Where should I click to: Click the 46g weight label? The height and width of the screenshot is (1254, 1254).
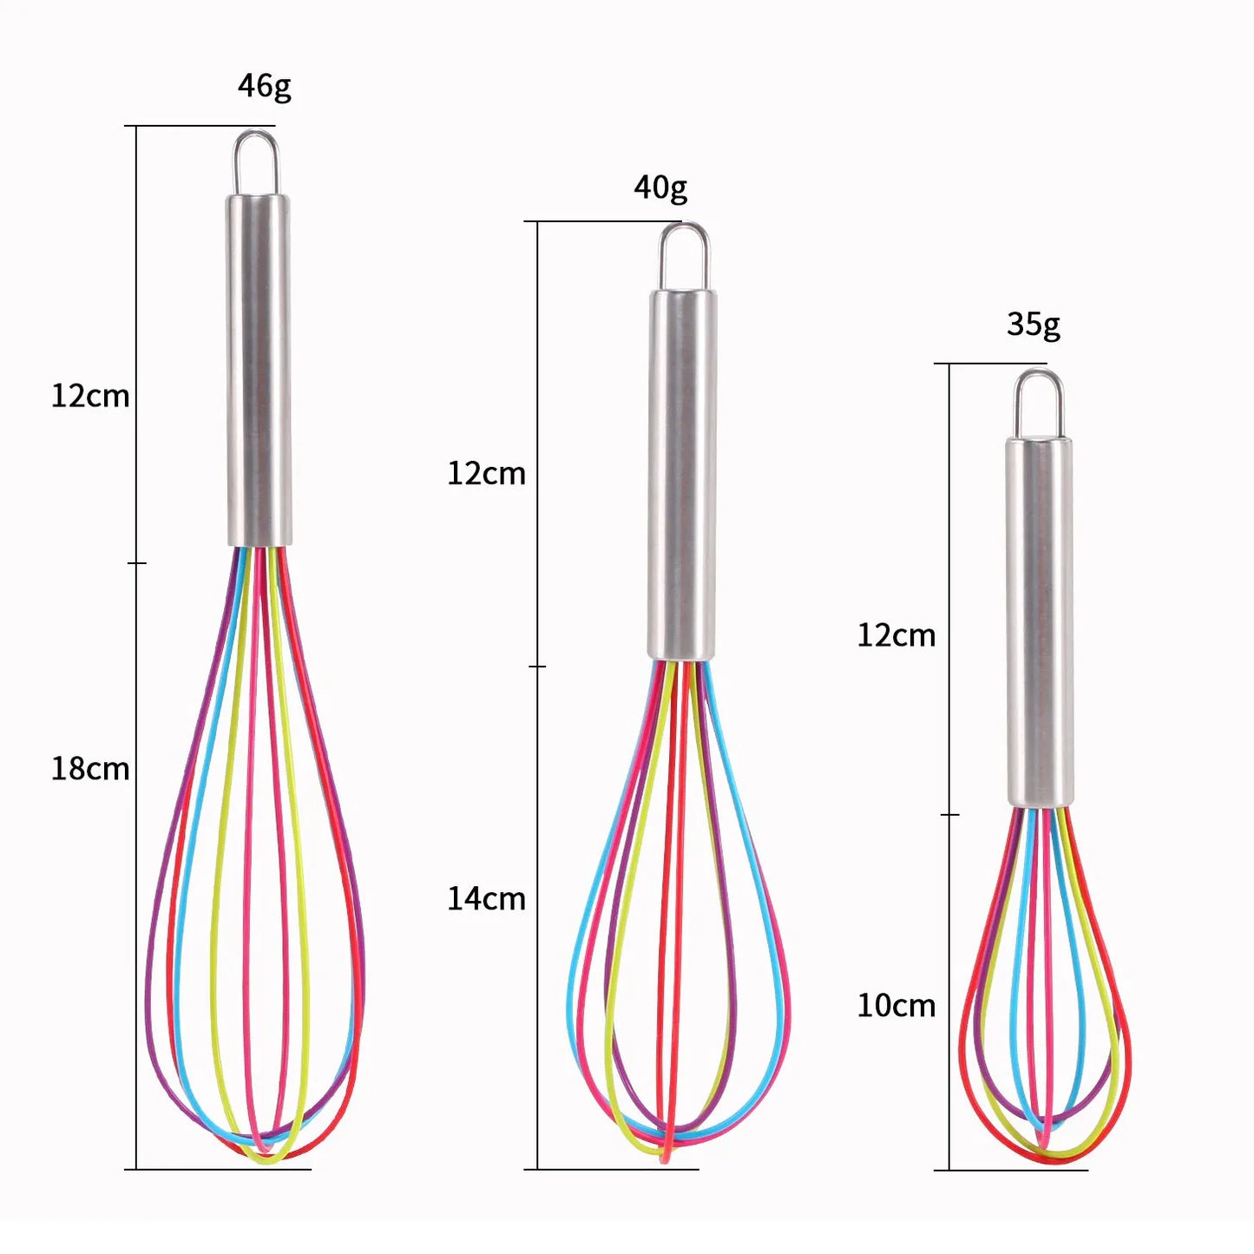pyautogui.click(x=265, y=86)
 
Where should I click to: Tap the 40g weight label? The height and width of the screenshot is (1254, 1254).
pyautogui.click(x=660, y=187)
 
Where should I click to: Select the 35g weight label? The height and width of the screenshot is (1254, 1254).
pyautogui.click(x=1034, y=325)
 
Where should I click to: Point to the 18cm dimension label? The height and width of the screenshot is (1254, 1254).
pyautogui.click(x=90, y=769)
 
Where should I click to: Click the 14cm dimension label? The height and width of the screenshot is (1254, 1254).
pyautogui.click(x=486, y=898)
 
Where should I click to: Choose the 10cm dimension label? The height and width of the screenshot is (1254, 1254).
pyautogui.click(x=896, y=1006)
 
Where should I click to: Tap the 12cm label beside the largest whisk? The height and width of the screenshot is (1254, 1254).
pyautogui.click(x=90, y=397)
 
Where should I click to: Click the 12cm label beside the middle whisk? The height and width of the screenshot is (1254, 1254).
pyautogui.click(x=486, y=474)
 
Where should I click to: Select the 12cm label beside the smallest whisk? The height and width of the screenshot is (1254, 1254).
pyautogui.click(x=896, y=635)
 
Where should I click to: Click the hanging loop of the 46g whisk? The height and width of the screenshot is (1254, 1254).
pyautogui.click(x=256, y=161)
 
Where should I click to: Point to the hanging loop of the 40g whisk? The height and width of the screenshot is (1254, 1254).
pyautogui.click(x=683, y=255)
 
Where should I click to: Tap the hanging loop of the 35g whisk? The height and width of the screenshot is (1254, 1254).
pyautogui.click(x=1040, y=403)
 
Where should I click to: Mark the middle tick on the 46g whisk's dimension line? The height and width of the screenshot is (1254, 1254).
pyautogui.click(x=137, y=563)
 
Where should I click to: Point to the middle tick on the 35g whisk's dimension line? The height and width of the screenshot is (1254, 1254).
pyautogui.click(x=949, y=815)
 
